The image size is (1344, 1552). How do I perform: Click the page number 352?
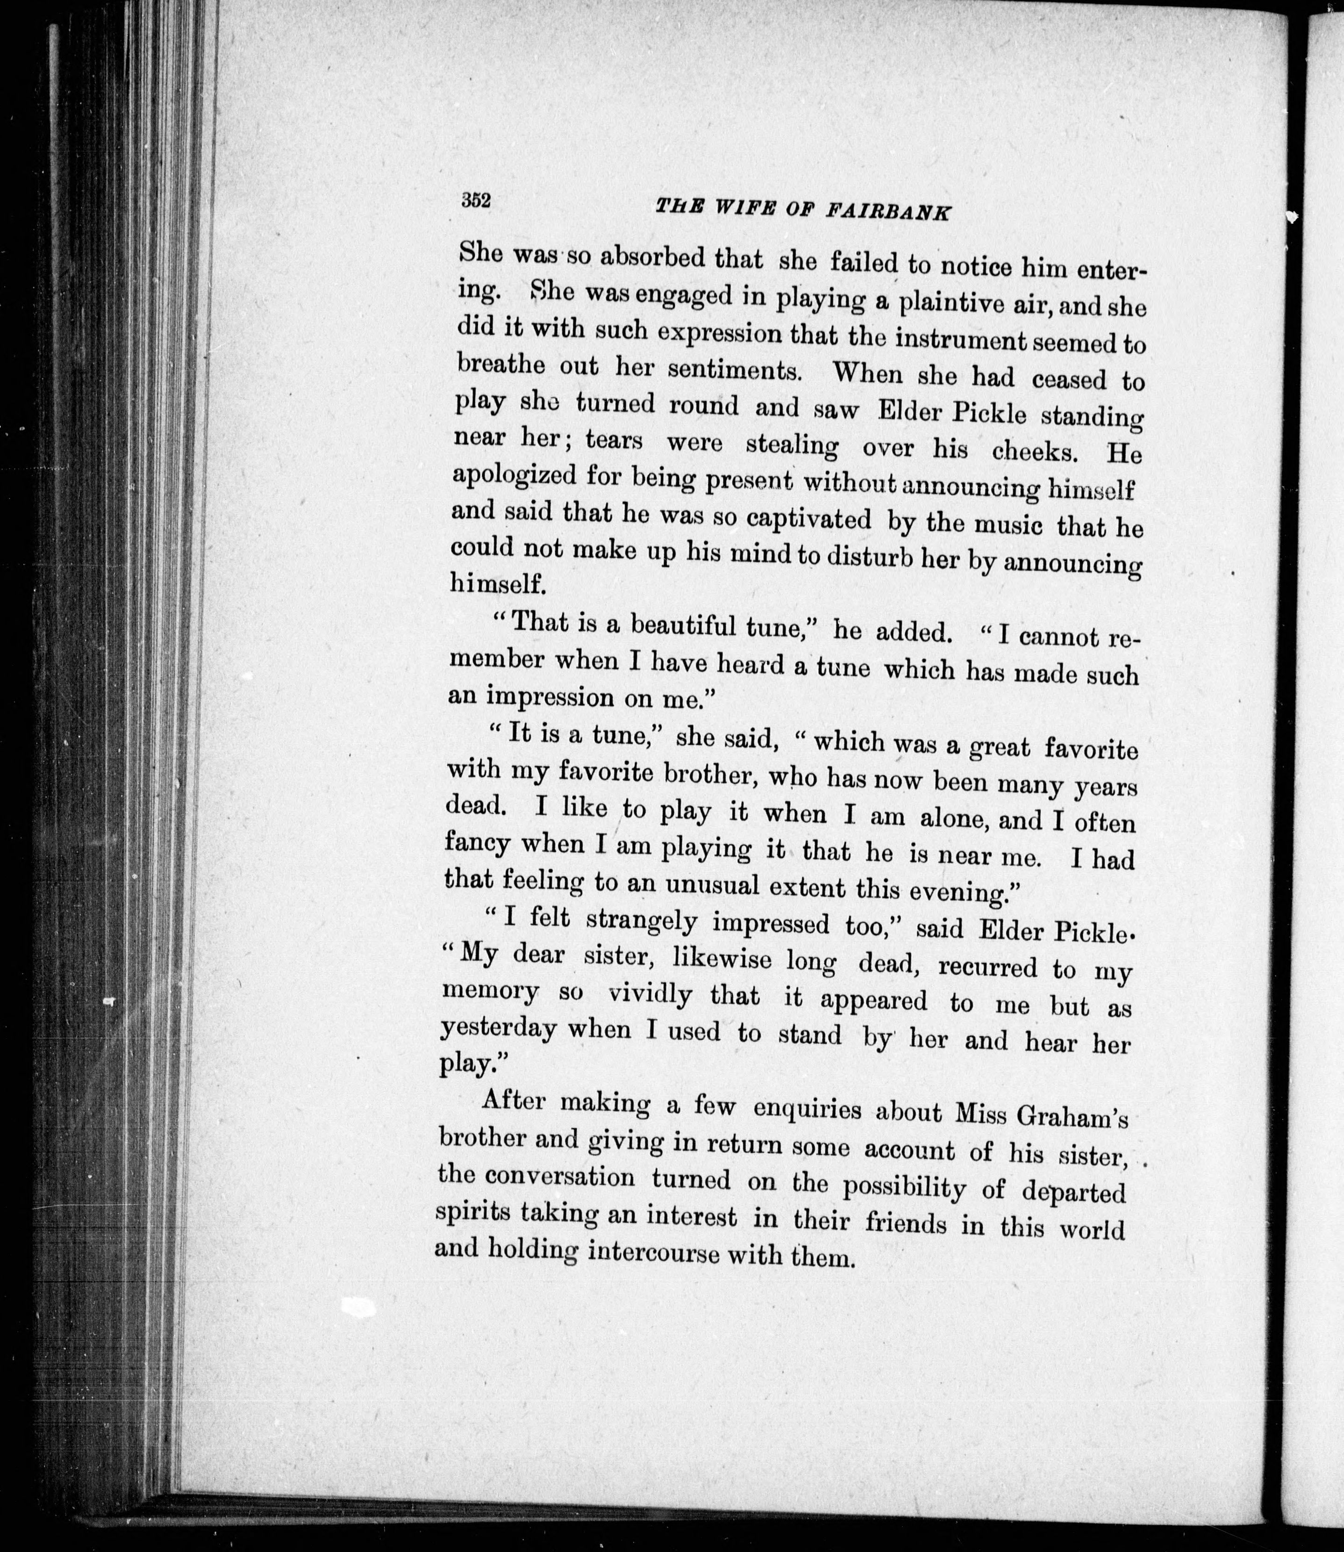pyautogui.click(x=476, y=201)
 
